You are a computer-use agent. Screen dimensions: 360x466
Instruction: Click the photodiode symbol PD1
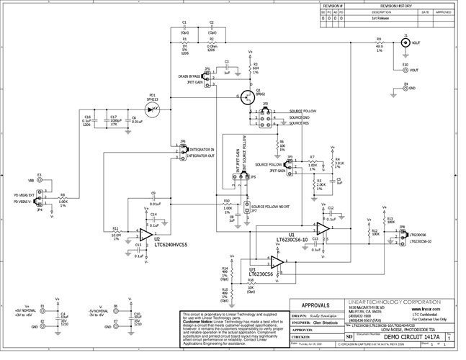[152, 108]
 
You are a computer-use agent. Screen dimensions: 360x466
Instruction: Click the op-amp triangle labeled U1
[323, 228]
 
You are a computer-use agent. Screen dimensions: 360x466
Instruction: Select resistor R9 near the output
[379, 43]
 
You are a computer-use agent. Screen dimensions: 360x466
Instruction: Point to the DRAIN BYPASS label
[189, 76]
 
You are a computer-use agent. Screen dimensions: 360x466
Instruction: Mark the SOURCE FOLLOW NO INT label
[272, 206]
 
